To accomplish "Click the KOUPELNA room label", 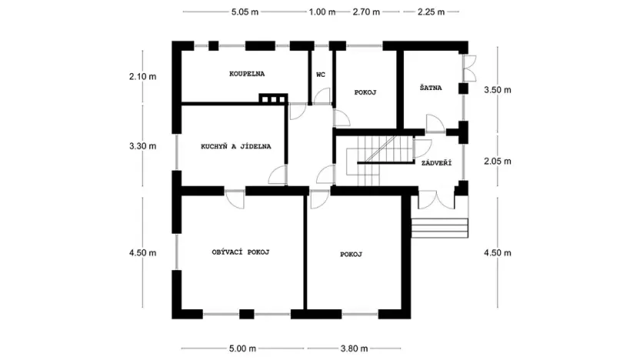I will [x=247, y=75].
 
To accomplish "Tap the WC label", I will [x=321, y=75].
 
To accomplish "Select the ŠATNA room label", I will [x=431, y=88].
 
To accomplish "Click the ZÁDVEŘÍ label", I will [x=436, y=163].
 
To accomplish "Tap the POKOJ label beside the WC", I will [x=365, y=92].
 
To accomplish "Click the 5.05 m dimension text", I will [x=245, y=12].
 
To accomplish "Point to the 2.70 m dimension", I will [x=366, y=12].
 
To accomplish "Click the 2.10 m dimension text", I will [x=143, y=76].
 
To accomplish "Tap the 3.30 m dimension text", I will [x=143, y=145].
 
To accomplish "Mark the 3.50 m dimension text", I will [x=496, y=90].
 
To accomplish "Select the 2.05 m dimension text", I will [x=496, y=162].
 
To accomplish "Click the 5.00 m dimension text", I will [x=245, y=348].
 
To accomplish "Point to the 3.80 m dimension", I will [x=354, y=348].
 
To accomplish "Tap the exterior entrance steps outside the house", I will [x=441, y=228].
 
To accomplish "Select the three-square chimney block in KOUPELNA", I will [x=272, y=98].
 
